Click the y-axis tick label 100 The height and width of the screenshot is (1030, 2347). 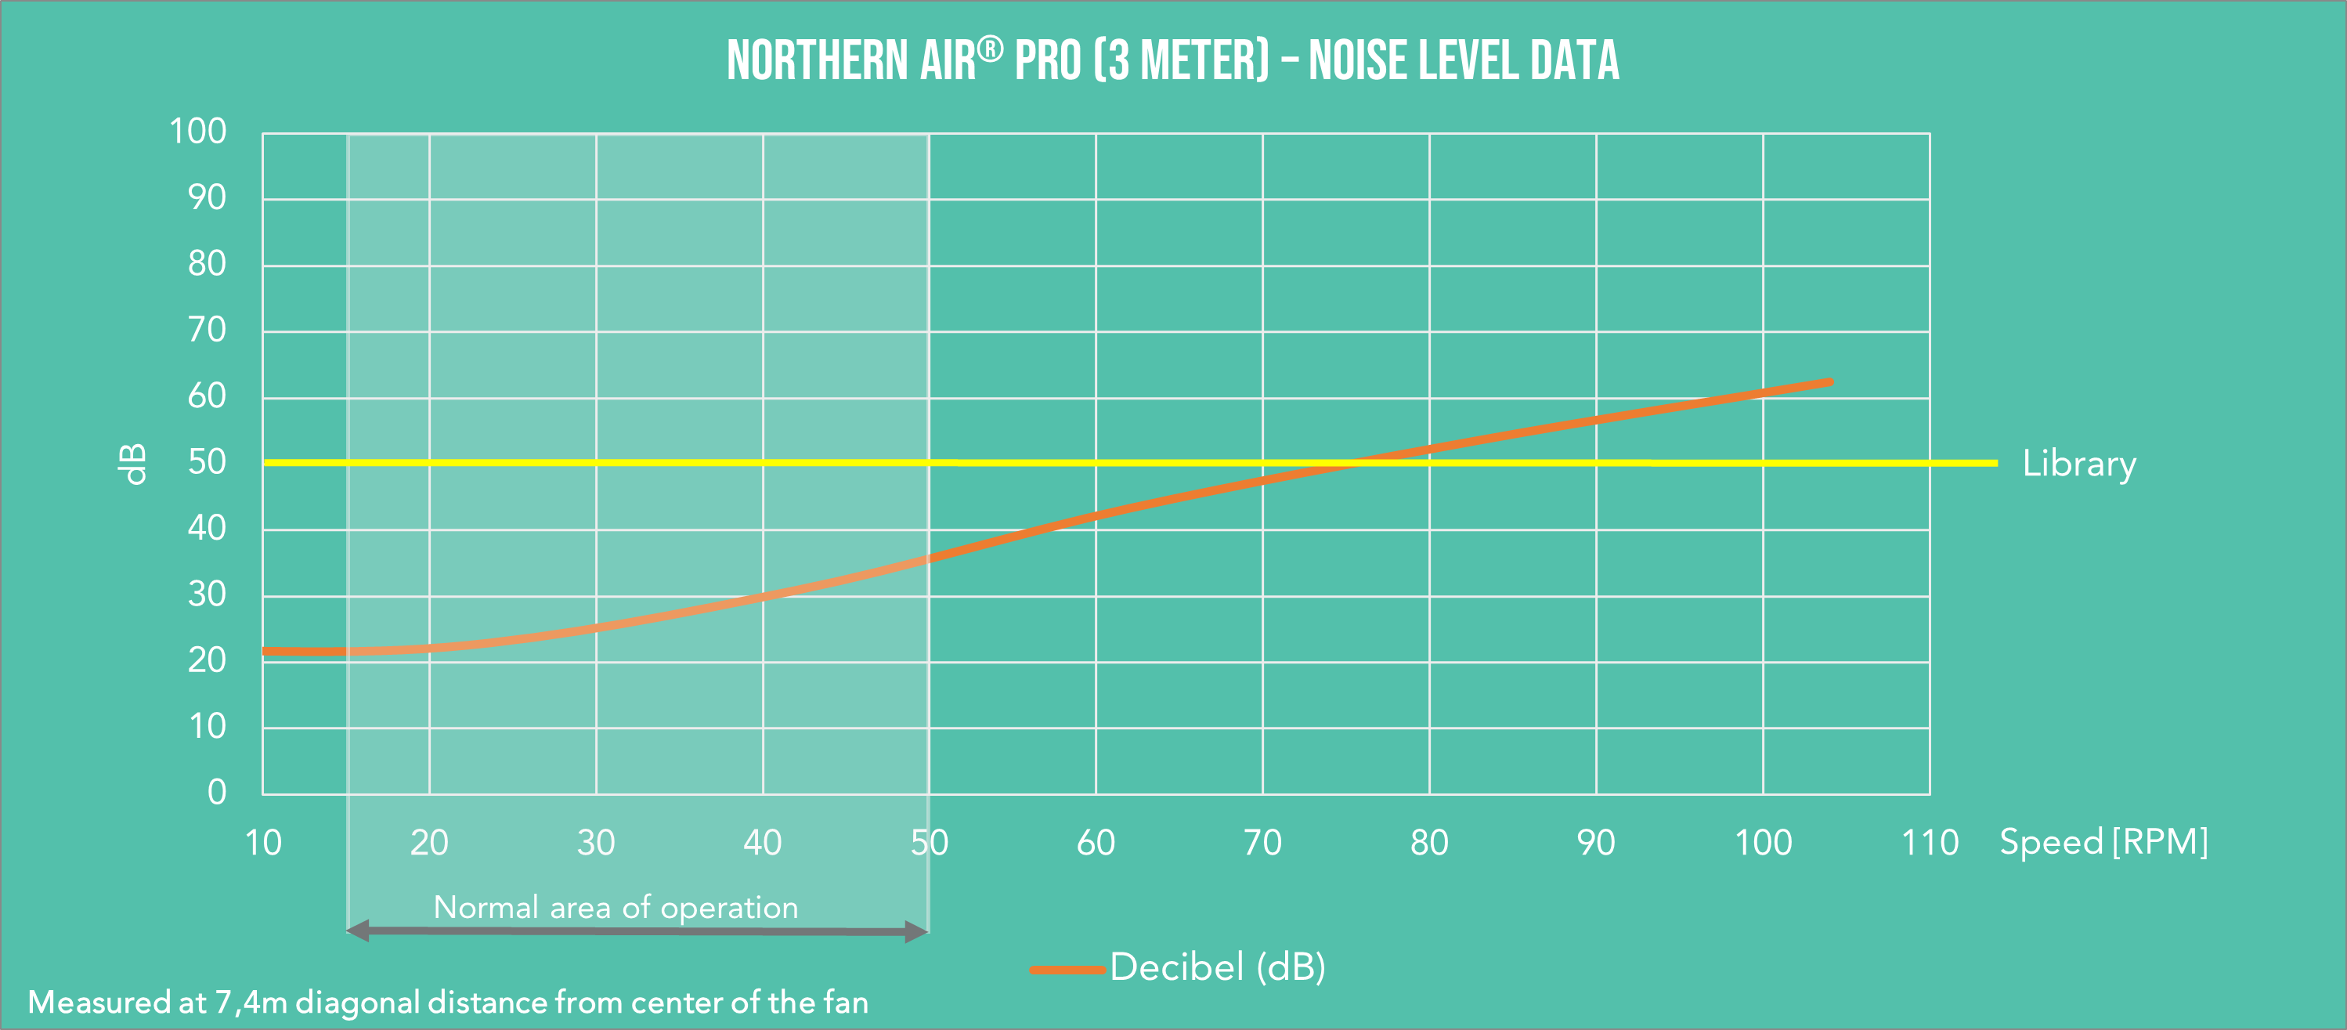pos(197,132)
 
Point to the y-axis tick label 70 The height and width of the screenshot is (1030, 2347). pos(207,329)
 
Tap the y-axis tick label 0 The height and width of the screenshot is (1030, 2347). pos(217,791)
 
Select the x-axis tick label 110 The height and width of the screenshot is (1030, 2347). pos(1930,842)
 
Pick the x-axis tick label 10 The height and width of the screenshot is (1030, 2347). pos(262,842)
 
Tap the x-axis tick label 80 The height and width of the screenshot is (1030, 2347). pos(1428,842)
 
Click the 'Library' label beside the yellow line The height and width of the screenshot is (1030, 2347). pos(2079,464)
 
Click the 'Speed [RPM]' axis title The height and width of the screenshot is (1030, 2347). pos(2103,841)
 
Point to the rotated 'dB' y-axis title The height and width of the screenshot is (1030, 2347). pos(133,464)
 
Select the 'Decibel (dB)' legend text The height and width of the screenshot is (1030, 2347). pos(1217,967)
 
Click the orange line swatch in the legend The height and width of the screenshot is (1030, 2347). pos(1067,970)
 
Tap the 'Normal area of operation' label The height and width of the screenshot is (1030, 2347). pos(615,907)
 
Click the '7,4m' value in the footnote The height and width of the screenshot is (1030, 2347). pos(251,1003)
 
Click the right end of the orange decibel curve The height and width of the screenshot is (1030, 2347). pos(1829,383)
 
